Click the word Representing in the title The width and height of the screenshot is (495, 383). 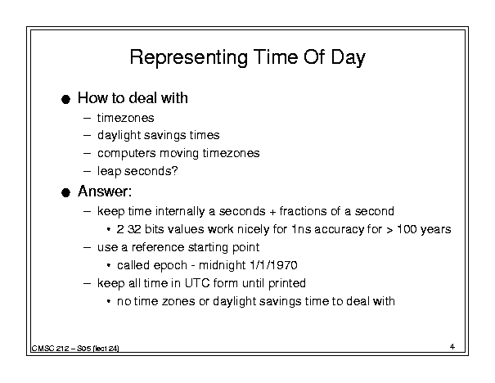click(188, 58)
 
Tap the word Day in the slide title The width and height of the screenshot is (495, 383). click(348, 58)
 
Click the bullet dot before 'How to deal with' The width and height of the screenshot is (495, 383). click(65, 100)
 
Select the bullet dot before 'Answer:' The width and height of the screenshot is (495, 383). click(65, 192)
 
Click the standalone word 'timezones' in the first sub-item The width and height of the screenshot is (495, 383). click(126, 118)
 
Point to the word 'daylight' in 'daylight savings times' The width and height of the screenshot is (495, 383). click(119, 136)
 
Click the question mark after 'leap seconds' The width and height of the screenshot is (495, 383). click(174, 170)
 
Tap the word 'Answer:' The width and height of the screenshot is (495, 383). click(105, 191)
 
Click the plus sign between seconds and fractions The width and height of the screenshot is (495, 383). click(272, 211)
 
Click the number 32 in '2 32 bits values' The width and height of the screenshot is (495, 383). click(134, 229)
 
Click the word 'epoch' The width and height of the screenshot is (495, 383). click(170, 265)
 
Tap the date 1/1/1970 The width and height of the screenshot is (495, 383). click(273, 265)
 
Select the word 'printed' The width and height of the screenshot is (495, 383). click(287, 283)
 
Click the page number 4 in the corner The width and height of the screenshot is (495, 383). click(452, 347)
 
